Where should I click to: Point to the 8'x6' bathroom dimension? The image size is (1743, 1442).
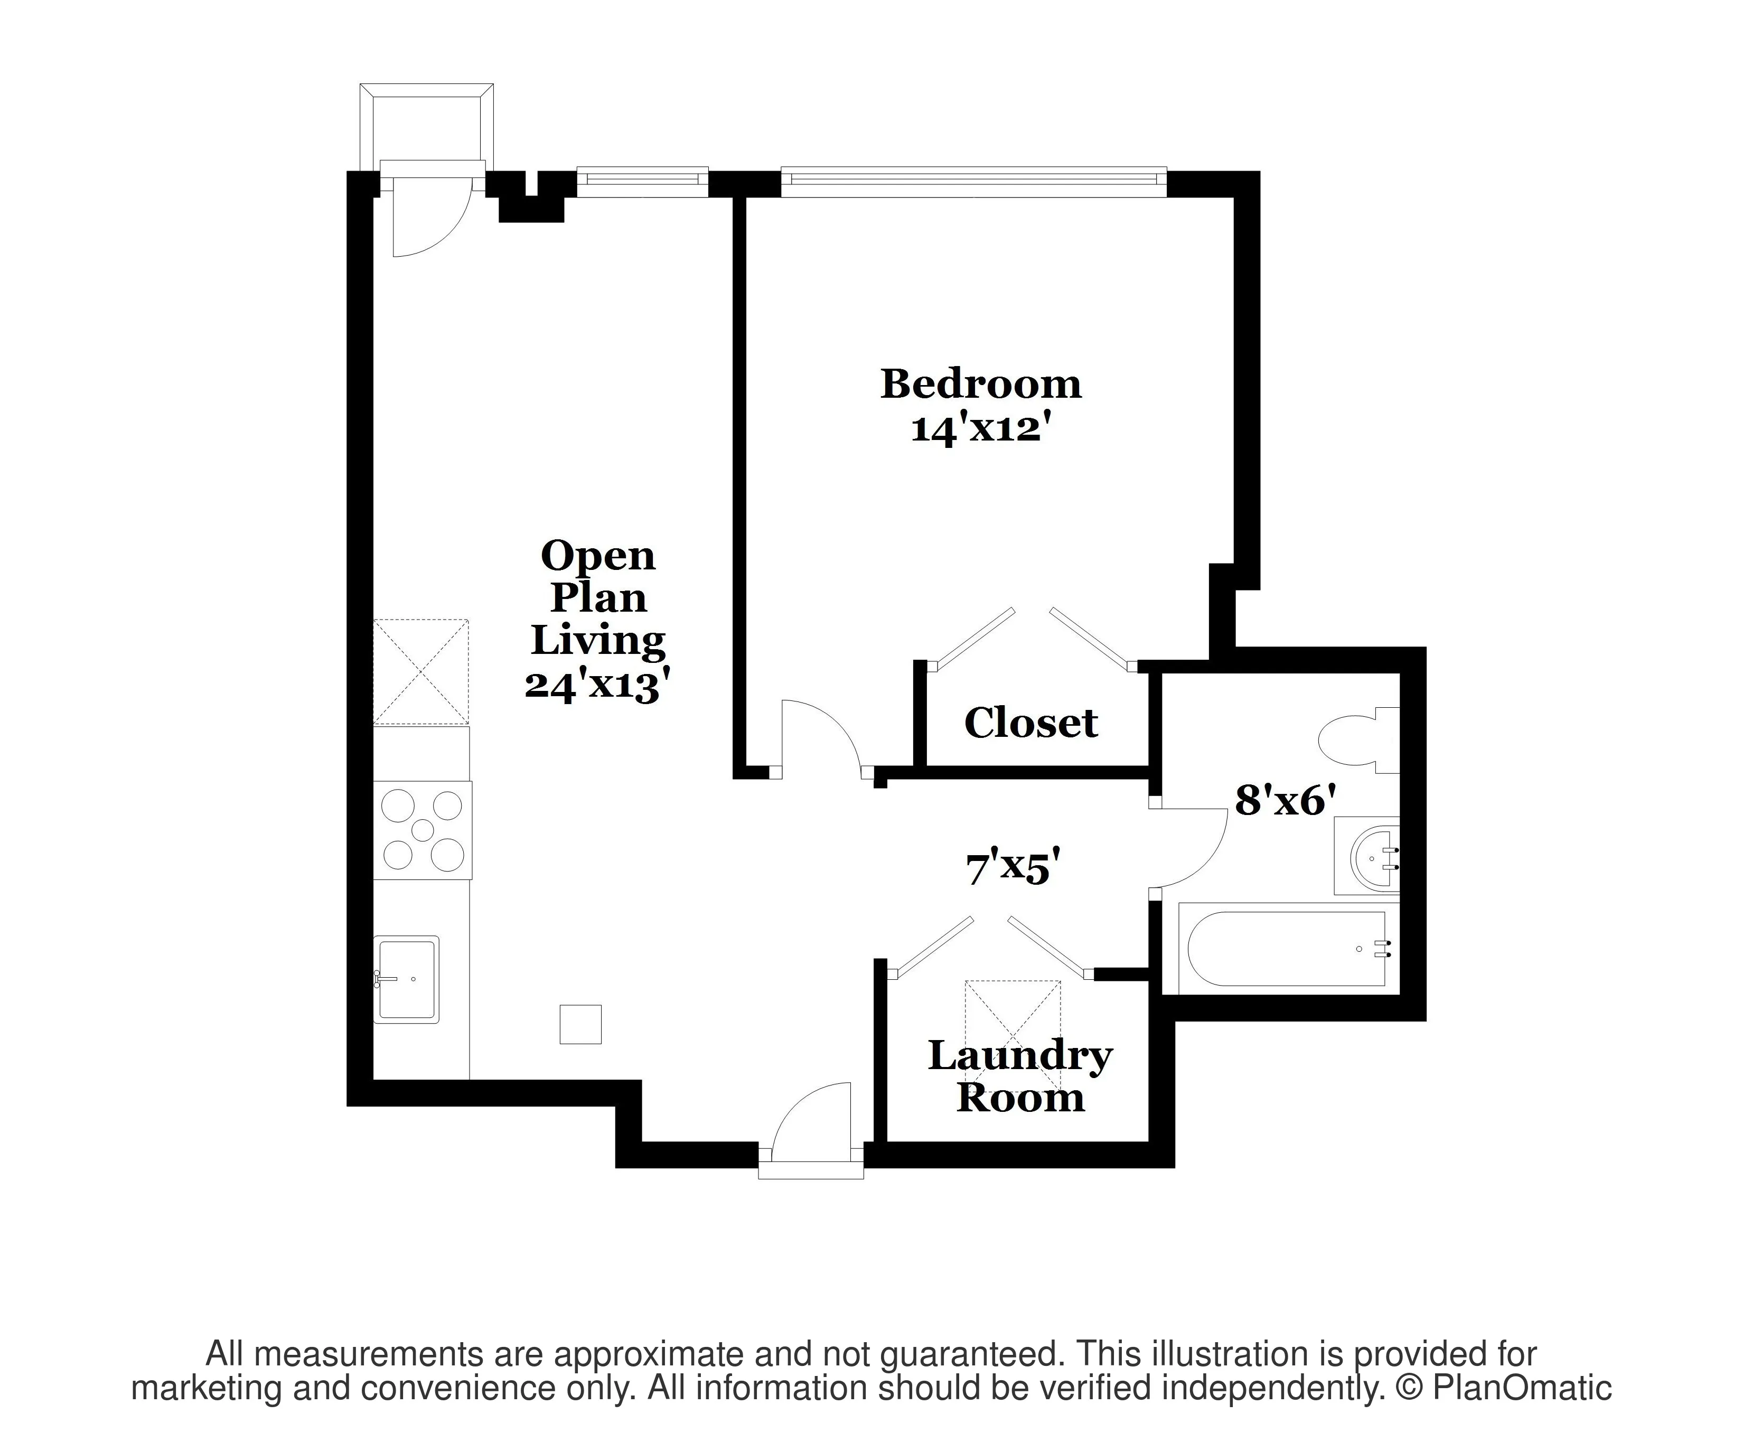[1285, 801]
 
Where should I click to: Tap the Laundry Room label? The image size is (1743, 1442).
[1019, 1076]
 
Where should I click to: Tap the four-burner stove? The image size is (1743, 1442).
[423, 830]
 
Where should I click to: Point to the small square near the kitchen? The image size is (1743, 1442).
[580, 1024]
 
